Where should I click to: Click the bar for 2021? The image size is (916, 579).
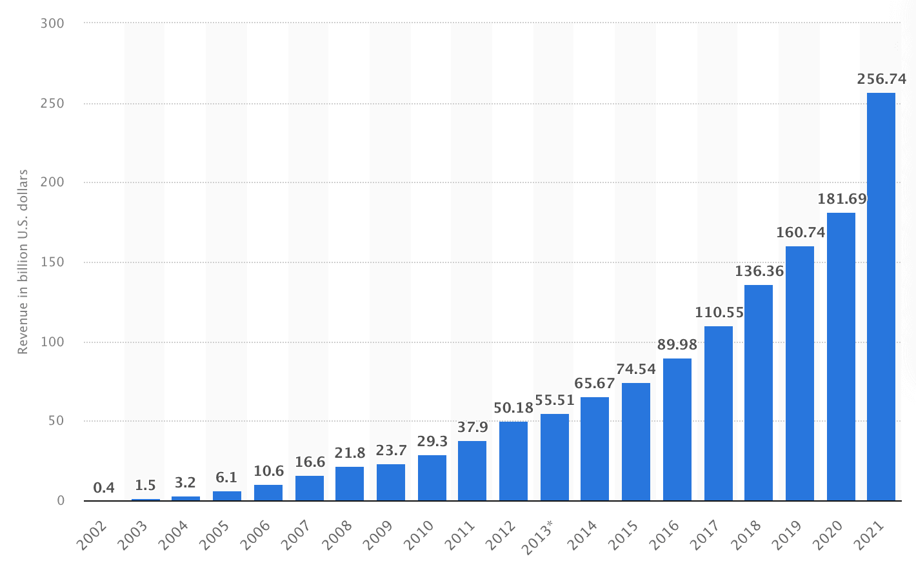click(881, 297)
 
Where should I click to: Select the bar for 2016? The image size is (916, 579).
click(677, 429)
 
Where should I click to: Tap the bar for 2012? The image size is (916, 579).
click(513, 461)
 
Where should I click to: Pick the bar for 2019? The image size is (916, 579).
click(800, 373)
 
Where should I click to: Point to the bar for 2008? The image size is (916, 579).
click(350, 484)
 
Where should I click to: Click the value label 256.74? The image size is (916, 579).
click(881, 79)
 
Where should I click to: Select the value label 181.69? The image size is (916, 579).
click(842, 199)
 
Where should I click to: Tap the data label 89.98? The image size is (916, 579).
click(677, 345)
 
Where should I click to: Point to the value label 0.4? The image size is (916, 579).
click(104, 488)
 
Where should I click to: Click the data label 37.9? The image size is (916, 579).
click(473, 427)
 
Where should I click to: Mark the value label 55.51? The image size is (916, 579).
click(555, 400)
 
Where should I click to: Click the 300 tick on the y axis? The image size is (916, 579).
click(52, 24)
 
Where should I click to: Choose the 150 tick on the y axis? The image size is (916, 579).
click(52, 262)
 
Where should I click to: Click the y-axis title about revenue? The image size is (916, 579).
click(23, 262)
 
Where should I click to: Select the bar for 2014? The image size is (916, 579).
click(595, 449)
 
